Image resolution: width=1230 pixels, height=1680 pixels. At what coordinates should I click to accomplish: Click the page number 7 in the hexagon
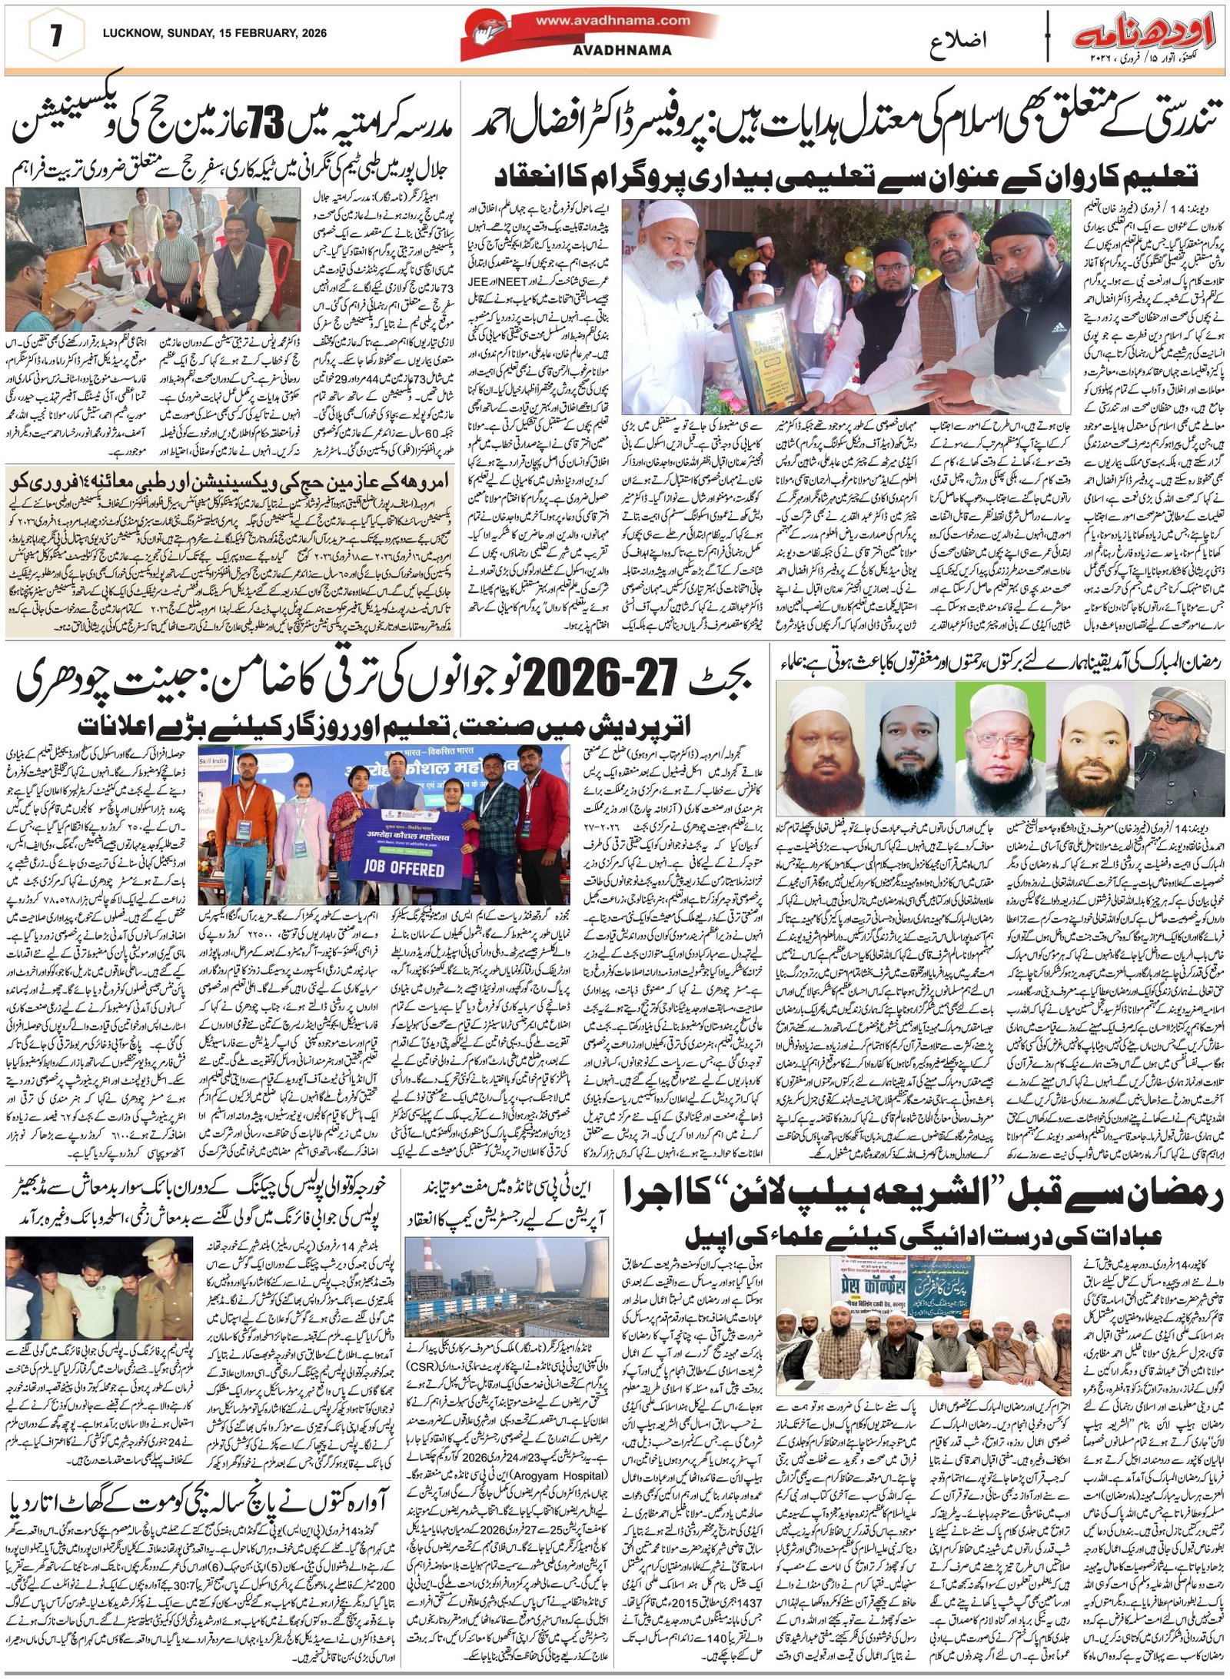coord(55,38)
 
